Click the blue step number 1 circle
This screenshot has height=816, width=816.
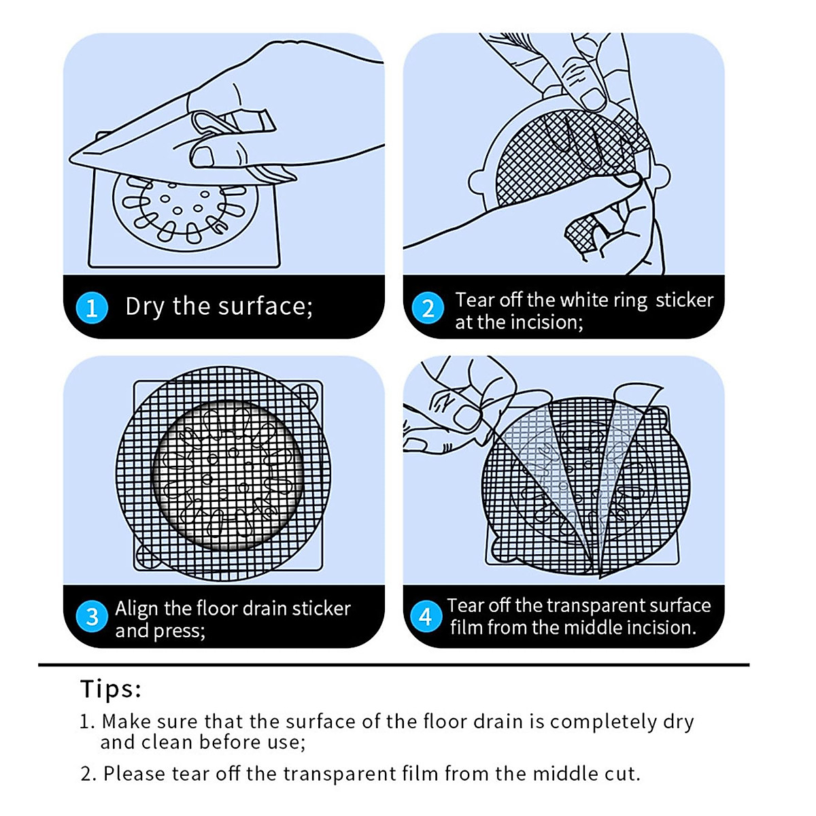point(92,308)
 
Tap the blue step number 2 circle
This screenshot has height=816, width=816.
point(428,308)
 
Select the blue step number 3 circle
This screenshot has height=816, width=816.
point(92,616)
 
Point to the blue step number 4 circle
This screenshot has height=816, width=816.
point(426,616)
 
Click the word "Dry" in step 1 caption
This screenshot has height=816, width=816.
point(144,307)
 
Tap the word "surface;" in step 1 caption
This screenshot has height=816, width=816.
point(265,306)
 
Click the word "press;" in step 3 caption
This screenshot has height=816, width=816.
point(179,631)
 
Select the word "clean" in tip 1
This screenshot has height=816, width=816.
point(168,742)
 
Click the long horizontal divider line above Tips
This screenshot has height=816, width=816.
point(394,665)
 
